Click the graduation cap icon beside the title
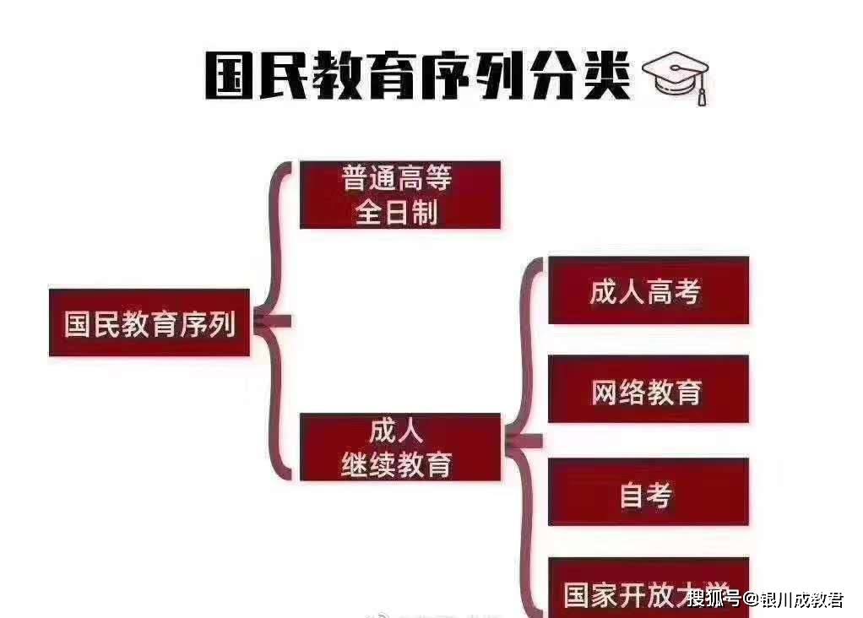pyautogui.click(x=676, y=77)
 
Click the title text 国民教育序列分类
pyautogui.click(x=418, y=77)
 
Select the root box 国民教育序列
pyautogui.click(x=149, y=323)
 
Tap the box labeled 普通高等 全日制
pyautogui.click(x=400, y=195)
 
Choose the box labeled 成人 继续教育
pyautogui.click(x=399, y=447)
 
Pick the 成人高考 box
pyautogui.click(x=648, y=291)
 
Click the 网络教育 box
pyautogui.click(x=648, y=390)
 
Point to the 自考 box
pyautogui.click(x=648, y=493)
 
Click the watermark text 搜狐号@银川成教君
pyautogui.click(x=765, y=600)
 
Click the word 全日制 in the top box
pyautogui.click(x=397, y=211)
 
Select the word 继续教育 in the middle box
pyautogui.click(x=397, y=464)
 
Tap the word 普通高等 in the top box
pyautogui.click(x=397, y=178)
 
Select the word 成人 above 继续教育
pyautogui.click(x=396, y=431)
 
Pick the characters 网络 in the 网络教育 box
pyautogui.click(x=619, y=391)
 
